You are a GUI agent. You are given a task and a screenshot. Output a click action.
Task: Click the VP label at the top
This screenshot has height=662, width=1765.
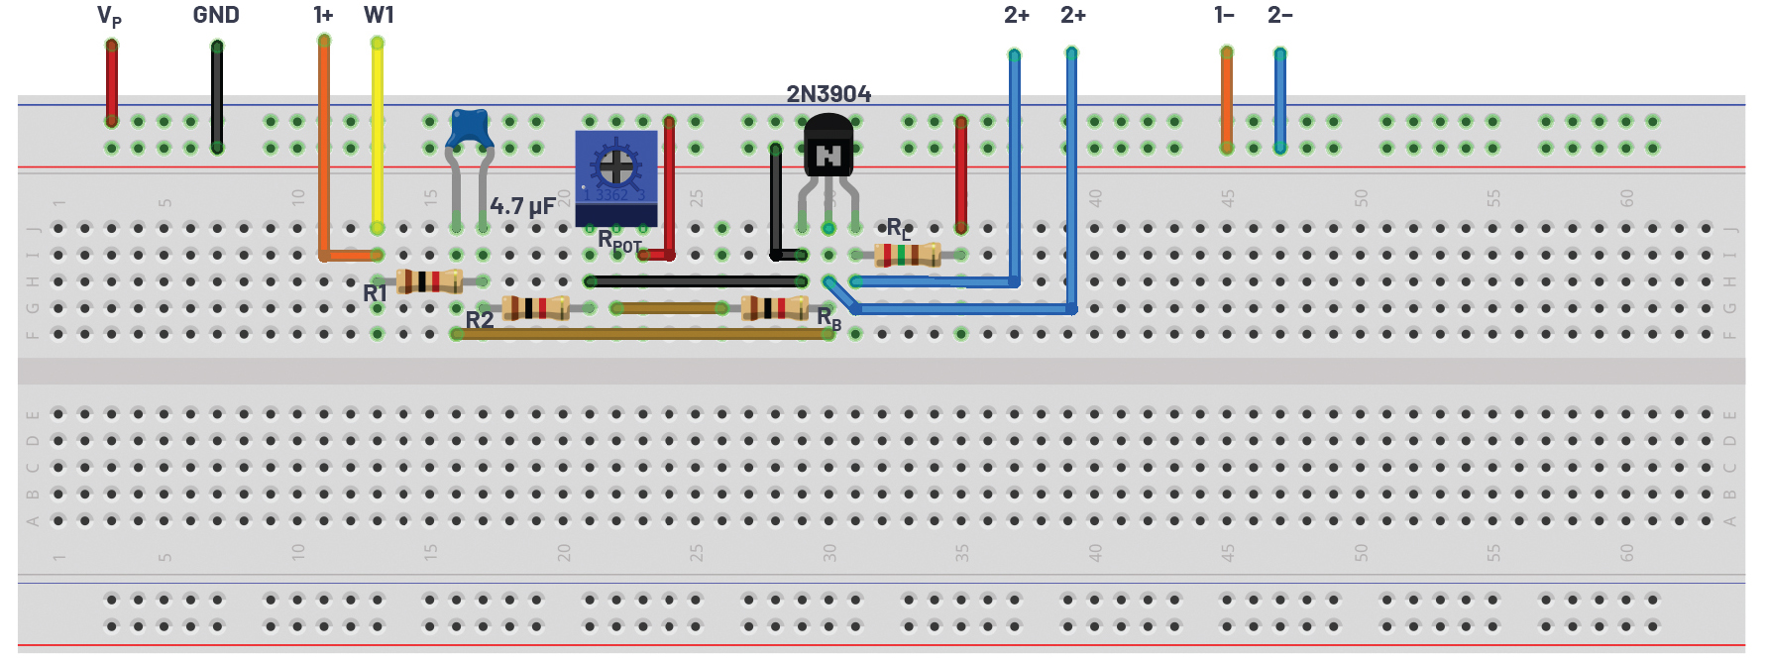click(109, 16)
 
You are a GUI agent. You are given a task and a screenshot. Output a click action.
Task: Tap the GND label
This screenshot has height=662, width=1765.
click(216, 15)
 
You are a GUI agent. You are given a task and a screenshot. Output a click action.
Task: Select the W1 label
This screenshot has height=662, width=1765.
click(379, 15)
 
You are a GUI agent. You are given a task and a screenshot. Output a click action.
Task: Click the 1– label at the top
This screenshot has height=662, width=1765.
click(1224, 15)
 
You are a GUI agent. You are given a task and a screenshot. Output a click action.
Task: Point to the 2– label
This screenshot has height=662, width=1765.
click(1279, 15)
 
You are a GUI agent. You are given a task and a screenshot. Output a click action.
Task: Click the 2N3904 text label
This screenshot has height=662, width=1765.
click(828, 94)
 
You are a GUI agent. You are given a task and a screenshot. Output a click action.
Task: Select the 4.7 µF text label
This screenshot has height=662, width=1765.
click(522, 206)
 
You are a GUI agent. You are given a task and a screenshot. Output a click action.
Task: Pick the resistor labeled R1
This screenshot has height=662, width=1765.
click(429, 281)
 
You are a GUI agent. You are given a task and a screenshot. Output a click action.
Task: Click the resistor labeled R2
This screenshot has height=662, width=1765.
click(535, 308)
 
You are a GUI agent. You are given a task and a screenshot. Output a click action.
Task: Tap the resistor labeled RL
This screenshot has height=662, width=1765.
click(907, 256)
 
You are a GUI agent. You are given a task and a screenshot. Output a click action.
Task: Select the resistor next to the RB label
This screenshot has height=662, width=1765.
click(775, 308)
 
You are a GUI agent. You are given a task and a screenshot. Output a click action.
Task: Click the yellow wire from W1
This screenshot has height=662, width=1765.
click(378, 139)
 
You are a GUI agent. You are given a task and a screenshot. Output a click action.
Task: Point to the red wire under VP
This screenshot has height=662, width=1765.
click(112, 84)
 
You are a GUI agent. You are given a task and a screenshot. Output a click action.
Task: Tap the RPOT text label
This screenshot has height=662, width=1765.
click(619, 240)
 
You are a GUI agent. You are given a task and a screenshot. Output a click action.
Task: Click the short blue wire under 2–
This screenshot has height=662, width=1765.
click(1280, 99)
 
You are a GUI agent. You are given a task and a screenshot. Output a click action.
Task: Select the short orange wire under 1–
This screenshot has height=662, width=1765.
click(1227, 99)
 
